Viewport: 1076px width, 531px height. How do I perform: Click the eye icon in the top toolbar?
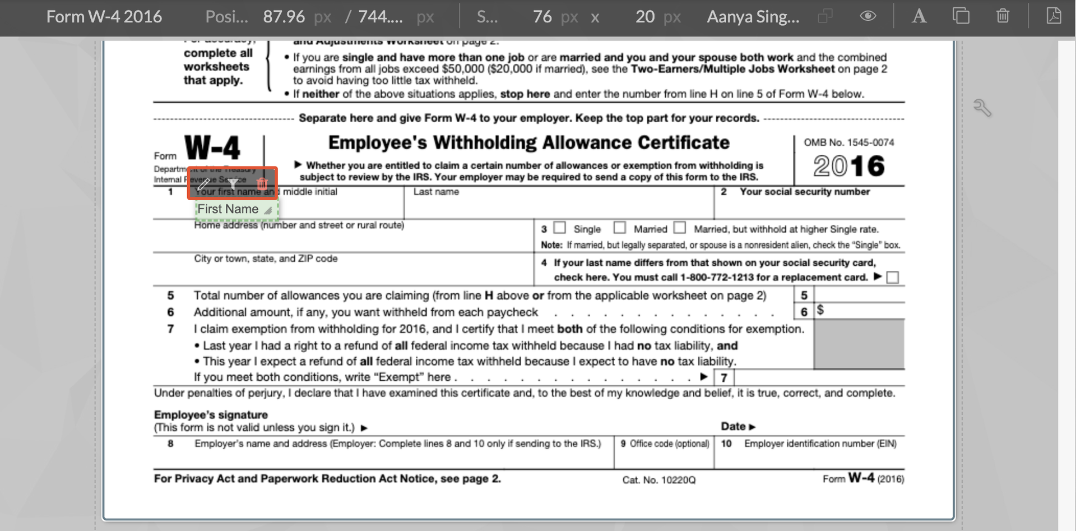pyautogui.click(x=868, y=16)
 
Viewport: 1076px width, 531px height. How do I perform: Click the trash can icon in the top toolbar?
pyautogui.click(x=1003, y=16)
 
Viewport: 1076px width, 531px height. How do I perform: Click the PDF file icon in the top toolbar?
pyautogui.click(x=1054, y=16)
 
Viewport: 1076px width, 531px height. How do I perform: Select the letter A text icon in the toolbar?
pyautogui.click(x=919, y=16)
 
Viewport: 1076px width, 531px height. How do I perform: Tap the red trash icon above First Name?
pyautogui.click(x=262, y=183)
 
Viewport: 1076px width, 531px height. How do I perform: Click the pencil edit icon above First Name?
pyautogui.click(x=203, y=183)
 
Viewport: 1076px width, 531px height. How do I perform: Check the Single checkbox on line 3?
pyautogui.click(x=559, y=228)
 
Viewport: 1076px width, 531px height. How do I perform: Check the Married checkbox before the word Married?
pyautogui.click(x=619, y=228)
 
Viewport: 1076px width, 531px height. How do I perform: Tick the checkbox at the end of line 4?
pyautogui.click(x=893, y=278)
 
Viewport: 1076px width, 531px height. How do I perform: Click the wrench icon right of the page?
pyautogui.click(x=982, y=107)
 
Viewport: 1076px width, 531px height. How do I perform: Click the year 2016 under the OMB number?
pyautogui.click(x=849, y=166)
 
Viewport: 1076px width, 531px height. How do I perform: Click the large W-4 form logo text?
pyautogui.click(x=212, y=148)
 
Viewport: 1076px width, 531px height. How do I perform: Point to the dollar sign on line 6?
pyautogui.click(x=820, y=310)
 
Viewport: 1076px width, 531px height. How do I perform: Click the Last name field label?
pyautogui.click(x=436, y=192)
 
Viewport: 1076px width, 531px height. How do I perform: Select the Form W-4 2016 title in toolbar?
pyautogui.click(x=104, y=17)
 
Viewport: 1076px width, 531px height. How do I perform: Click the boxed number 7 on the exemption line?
pyautogui.click(x=724, y=378)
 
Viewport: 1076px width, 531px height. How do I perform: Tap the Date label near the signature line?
pyautogui.click(x=734, y=427)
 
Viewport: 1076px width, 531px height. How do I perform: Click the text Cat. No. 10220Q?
pyautogui.click(x=658, y=480)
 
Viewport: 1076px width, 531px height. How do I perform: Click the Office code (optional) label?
pyautogui.click(x=665, y=444)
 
